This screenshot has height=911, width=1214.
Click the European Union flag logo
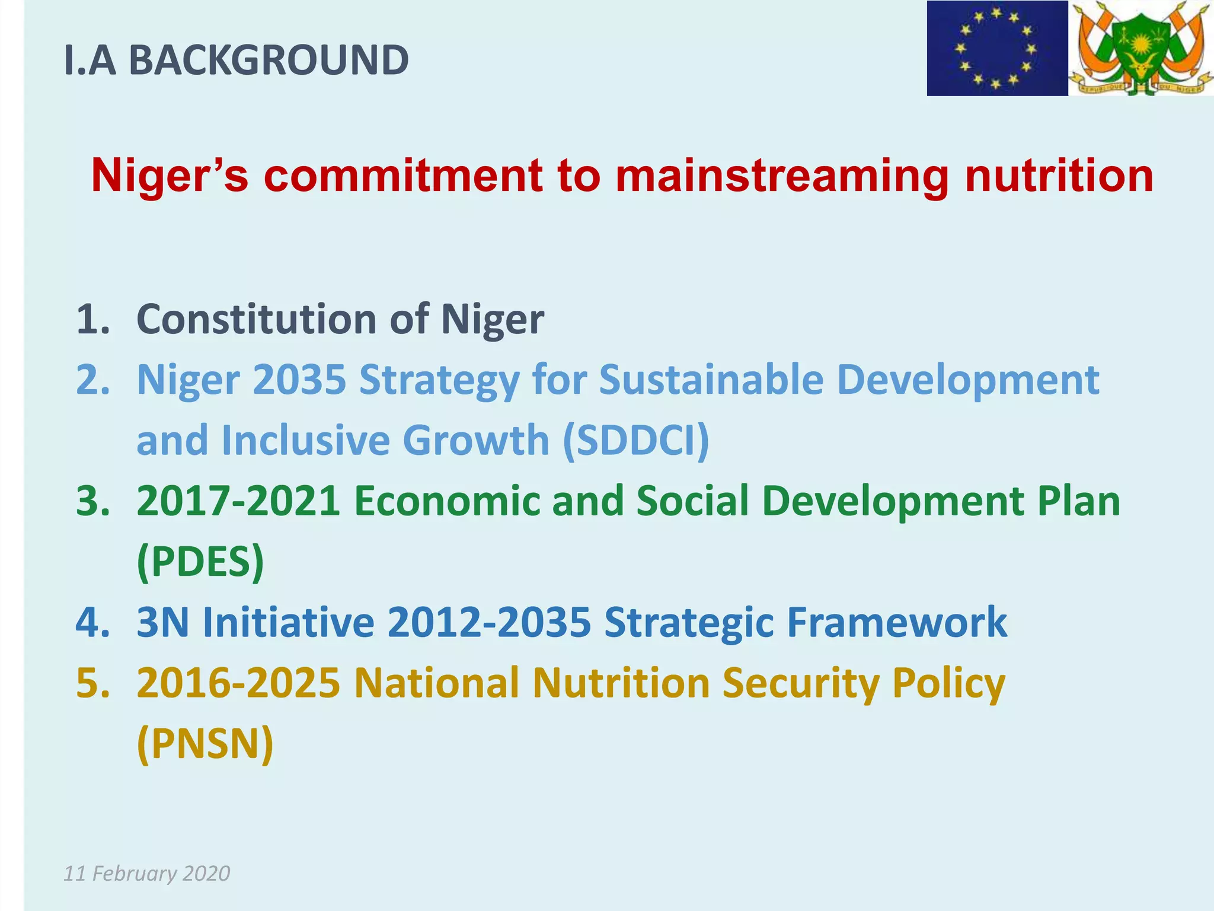(997, 48)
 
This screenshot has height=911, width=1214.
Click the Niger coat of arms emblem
(1140, 48)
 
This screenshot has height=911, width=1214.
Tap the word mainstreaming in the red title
(782, 176)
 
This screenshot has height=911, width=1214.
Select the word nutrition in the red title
(1059, 176)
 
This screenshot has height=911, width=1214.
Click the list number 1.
(93, 320)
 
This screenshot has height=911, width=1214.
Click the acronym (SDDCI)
(635, 441)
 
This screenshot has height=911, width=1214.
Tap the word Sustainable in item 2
(711, 380)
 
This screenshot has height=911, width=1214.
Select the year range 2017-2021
(238, 501)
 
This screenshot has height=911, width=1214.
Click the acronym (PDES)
(200, 562)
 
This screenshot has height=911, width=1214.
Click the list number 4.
(93, 622)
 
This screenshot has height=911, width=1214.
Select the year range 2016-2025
(238, 683)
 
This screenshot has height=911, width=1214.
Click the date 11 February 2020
(146, 874)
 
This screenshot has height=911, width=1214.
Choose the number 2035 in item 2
(299, 380)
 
